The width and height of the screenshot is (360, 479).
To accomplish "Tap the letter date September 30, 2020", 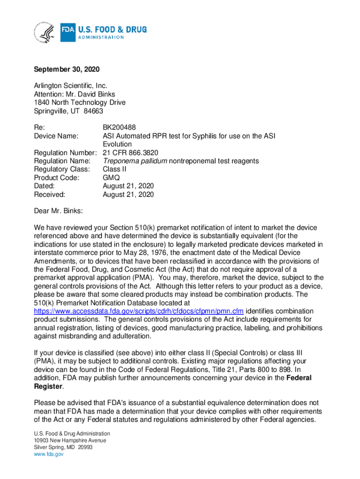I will pos(67,70).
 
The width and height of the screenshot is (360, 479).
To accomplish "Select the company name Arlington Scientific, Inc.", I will pos(71,86).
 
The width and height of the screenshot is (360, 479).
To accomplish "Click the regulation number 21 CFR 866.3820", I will pos(130,152).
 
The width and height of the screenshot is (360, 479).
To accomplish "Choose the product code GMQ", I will pos(111,178).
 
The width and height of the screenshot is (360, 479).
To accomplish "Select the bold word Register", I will pos(48,386).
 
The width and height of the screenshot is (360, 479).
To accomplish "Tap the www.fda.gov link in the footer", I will pos(49,454).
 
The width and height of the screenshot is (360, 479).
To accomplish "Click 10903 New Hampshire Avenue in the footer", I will pos(70,441).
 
